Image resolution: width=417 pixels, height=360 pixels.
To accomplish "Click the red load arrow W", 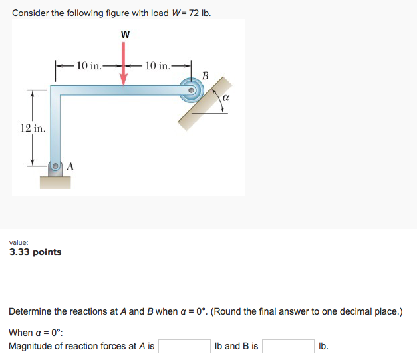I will (124, 63).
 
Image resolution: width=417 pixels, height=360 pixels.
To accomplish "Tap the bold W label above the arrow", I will (124, 35).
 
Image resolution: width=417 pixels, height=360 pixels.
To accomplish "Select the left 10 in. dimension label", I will (89, 65).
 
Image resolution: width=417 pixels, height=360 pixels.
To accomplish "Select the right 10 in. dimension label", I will (157, 65).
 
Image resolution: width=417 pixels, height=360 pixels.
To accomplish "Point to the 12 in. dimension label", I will (33, 128).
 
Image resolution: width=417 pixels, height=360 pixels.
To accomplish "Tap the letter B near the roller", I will (205, 75).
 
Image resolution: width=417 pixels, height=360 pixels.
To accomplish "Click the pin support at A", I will (57, 166).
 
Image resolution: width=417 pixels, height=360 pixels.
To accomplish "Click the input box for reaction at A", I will (184, 347).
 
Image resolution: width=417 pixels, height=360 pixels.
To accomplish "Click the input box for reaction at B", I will (288, 347).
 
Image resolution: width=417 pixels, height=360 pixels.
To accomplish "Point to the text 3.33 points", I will (35, 252).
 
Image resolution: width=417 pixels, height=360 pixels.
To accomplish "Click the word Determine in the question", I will (30, 311).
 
